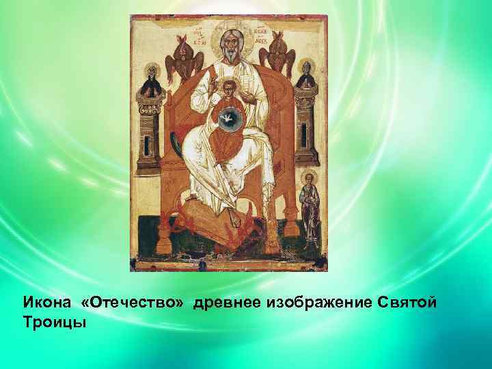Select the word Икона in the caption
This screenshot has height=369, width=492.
coord(46,303)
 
